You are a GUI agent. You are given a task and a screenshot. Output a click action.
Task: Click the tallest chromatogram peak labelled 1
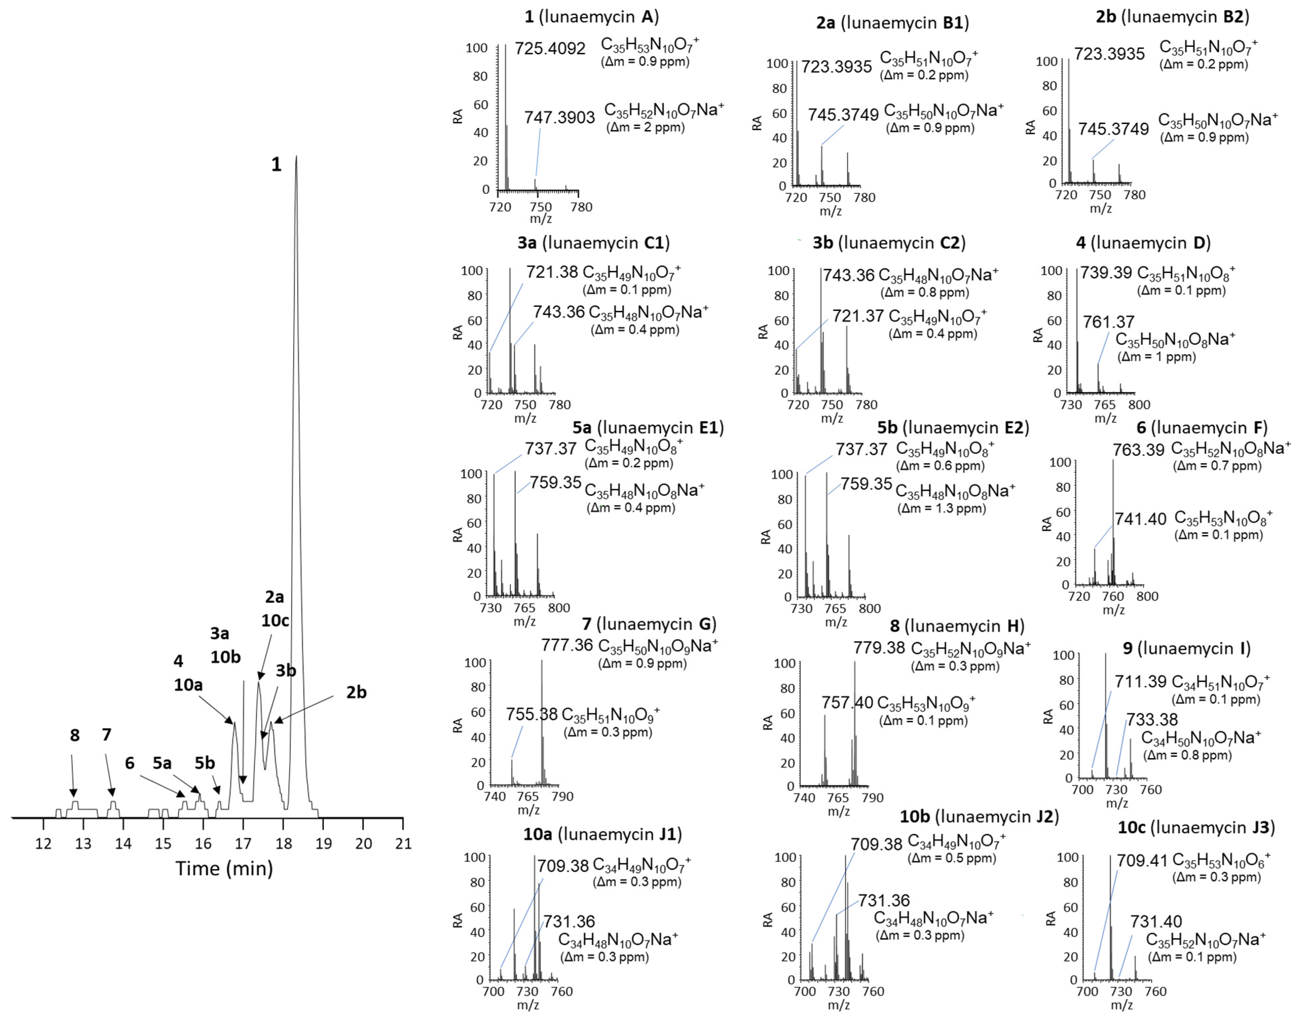click(296, 161)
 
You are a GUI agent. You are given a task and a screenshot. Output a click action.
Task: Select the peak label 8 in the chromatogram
click(74, 735)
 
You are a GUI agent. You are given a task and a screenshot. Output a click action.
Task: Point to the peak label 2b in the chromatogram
click(356, 693)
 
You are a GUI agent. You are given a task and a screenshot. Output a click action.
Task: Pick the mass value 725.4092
click(550, 49)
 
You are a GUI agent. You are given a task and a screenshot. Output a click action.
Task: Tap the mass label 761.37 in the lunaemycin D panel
click(1108, 322)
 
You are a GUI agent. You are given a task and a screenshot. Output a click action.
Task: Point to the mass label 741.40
click(1140, 519)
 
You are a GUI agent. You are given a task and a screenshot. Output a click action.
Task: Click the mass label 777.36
click(567, 645)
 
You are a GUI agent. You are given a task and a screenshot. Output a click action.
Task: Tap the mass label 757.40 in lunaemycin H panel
click(847, 702)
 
